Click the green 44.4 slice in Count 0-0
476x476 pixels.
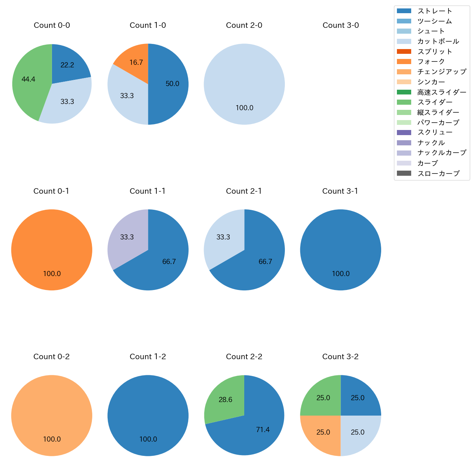click(x=29, y=79)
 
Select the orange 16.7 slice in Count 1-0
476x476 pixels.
click(x=135, y=63)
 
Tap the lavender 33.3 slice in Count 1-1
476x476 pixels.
click(x=127, y=237)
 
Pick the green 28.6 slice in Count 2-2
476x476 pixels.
click(x=226, y=400)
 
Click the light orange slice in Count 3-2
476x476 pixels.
click(x=323, y=432)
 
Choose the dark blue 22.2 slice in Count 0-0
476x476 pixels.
click(x=67, y=65)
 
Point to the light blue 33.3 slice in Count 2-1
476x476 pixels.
click(x=223, y=237)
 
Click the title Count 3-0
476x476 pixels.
click(x=341, y=25)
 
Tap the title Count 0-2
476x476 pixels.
click(x=52, y=357)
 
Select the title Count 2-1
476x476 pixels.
click(x=244, y=191)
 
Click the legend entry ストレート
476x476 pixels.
click(x=435, y=11)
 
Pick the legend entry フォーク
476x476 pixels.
click(x=431, y=62)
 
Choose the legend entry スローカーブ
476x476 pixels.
click(x=438, y=174)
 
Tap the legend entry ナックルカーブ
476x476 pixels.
click(x=442, y=153)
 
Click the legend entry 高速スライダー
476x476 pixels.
click(x=442, y=92)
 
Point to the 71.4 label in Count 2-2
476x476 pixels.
click(x=263, y=430)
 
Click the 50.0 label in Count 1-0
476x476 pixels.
click(x=172, y=84)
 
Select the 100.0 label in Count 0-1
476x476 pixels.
click(x=52, y=274)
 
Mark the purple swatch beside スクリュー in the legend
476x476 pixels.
click(x=404, y=133)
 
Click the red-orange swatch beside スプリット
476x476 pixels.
click(x=404, y=52)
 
